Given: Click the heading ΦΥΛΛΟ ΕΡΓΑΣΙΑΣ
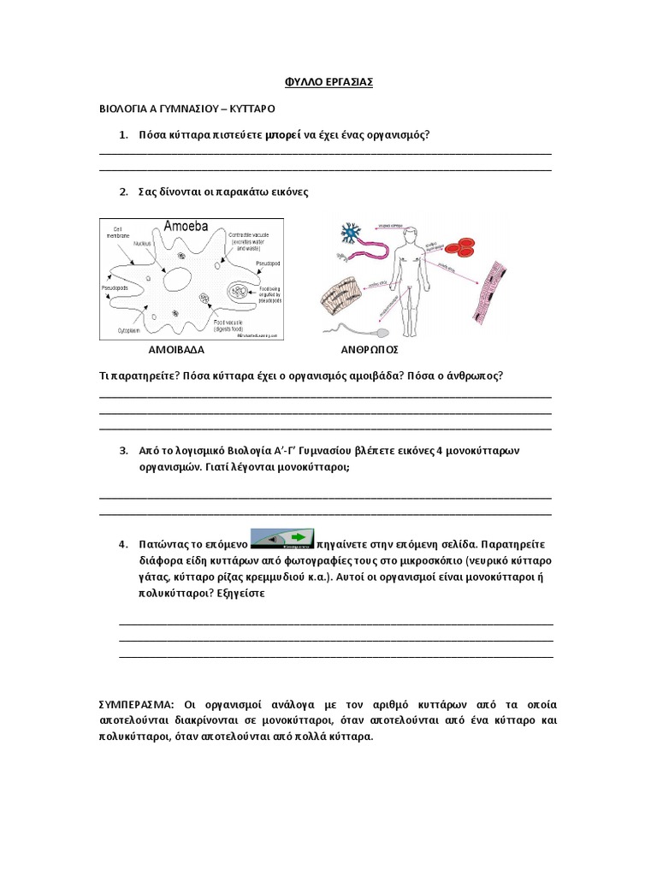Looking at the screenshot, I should [x=328, y=82].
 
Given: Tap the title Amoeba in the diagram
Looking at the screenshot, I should [x=186, y=227].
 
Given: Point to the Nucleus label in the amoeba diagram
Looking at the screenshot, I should [x=142, y=243].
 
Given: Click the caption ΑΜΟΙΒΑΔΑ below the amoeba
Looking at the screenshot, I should [x=177, y=350].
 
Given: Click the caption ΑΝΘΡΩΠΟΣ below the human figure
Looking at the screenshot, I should [x=370, y=350].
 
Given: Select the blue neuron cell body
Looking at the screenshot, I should [x=350, y=232].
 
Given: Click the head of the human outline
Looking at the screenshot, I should [x=411, y=233].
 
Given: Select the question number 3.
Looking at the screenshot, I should [x=123, y=450].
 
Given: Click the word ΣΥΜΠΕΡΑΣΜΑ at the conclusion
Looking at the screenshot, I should [x=136, y=705].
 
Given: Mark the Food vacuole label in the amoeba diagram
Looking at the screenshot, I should [x=252, y=322].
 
